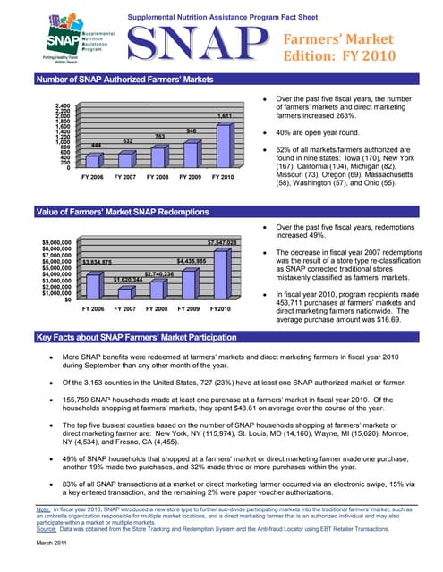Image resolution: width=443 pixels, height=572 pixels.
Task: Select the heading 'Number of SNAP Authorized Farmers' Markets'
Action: pos(125,80)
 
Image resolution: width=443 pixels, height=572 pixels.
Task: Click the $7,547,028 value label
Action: pos(221,242)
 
